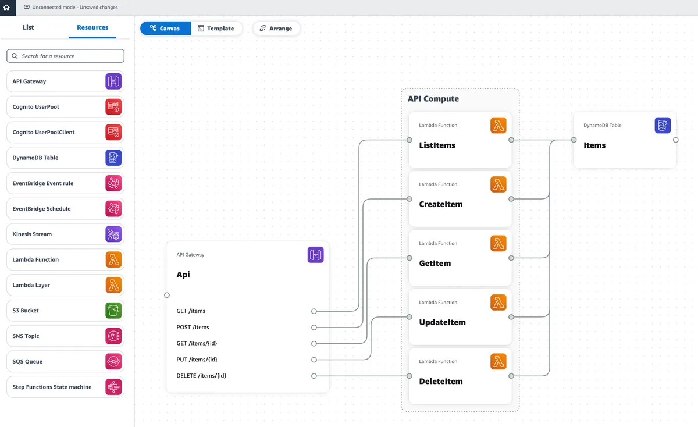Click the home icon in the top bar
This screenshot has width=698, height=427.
pyautogui.click(x=6, y=8)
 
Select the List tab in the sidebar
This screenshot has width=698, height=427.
pyautogui.click(x=28, y=27)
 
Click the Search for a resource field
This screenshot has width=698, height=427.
pyautogui.click(x=65, y=56)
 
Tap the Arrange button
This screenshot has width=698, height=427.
pyautogui.click(x=276, y=29)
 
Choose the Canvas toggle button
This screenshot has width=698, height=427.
pyautogui.click(x=165, y=29)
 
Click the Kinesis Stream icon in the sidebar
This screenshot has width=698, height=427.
pyautogui.click(x=113, y=234)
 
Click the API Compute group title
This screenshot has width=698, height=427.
pyautogui.click(x=433, y=99)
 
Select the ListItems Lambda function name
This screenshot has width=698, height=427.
pyautogui.click(x=437, y=145)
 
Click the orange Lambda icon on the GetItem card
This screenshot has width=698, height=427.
pyautogui.click(x=498, y=243)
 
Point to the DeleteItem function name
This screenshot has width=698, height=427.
pyautogui.click(x=440, y=382)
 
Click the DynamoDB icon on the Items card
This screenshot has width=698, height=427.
pyautogui.click(x=663, y=125)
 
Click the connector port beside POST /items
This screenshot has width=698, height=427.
pyautogui.click(x=314, y=328)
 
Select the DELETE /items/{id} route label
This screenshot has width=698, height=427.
pyautogui.click(x=201, y=376)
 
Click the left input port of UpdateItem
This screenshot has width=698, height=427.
pyautogui.click(x=409, y=317)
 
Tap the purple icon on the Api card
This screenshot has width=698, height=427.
pyautogui.click(x=315, y=254)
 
